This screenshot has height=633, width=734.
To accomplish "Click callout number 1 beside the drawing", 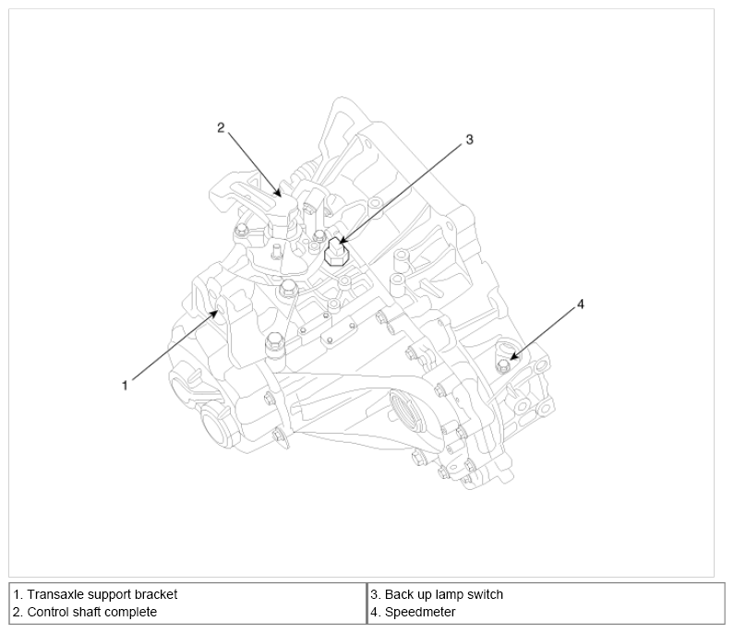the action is click(125, 386).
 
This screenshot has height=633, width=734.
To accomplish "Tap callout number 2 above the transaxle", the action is click(221, 127).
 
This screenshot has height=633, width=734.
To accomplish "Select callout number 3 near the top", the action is click(469, 139).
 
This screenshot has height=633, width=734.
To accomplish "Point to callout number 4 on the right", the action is click(581, 305).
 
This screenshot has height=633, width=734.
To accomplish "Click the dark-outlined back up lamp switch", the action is click(335, 252).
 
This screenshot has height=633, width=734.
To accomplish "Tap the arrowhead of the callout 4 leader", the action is click(514, 357).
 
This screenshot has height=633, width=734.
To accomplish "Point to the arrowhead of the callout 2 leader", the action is click(278, 193).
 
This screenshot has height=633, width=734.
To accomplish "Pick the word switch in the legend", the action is click(486, 594).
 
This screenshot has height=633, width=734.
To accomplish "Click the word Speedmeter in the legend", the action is click(420, 613).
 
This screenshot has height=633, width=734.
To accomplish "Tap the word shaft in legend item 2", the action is click(86, 612).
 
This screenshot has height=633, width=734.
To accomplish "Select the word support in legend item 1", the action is click(110, 595).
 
